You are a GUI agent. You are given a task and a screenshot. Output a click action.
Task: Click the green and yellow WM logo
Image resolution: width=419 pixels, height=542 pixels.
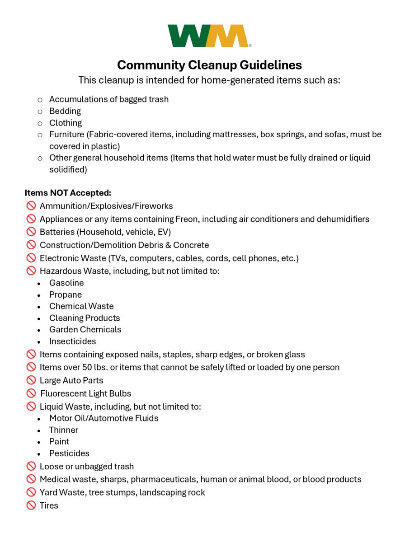tap(209, 36)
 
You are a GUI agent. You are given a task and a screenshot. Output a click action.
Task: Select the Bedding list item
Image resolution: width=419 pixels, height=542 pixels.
tap(65, 111)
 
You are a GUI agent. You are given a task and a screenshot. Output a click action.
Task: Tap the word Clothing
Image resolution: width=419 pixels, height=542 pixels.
tap(66, 123)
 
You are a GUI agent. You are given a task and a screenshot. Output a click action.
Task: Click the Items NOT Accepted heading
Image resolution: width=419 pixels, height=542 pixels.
tap(68, 193)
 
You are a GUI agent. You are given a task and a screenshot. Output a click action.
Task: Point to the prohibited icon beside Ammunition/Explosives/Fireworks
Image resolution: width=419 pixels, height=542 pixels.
tap(31, 206)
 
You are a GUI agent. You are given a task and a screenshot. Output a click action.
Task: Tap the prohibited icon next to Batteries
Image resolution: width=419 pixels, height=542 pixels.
tap(31, 232)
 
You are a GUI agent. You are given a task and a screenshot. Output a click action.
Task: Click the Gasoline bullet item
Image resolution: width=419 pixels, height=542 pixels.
tap(66, 283)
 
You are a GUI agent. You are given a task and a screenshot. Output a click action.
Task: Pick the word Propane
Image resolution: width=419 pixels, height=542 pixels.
tap(66, 294)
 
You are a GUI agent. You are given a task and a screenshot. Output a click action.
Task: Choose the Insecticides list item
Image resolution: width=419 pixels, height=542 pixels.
tap(72, 341)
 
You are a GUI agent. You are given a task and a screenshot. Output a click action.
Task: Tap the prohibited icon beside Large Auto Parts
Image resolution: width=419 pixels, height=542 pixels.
tap(31, 381)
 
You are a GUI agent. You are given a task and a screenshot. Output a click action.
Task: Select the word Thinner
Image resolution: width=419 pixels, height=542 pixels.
tap(64, 430)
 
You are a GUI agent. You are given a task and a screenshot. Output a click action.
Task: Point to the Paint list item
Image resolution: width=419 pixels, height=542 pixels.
tap(59, 442)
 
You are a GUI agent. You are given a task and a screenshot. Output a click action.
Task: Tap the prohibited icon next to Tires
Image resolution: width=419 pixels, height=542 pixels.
tap(31, 505)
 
